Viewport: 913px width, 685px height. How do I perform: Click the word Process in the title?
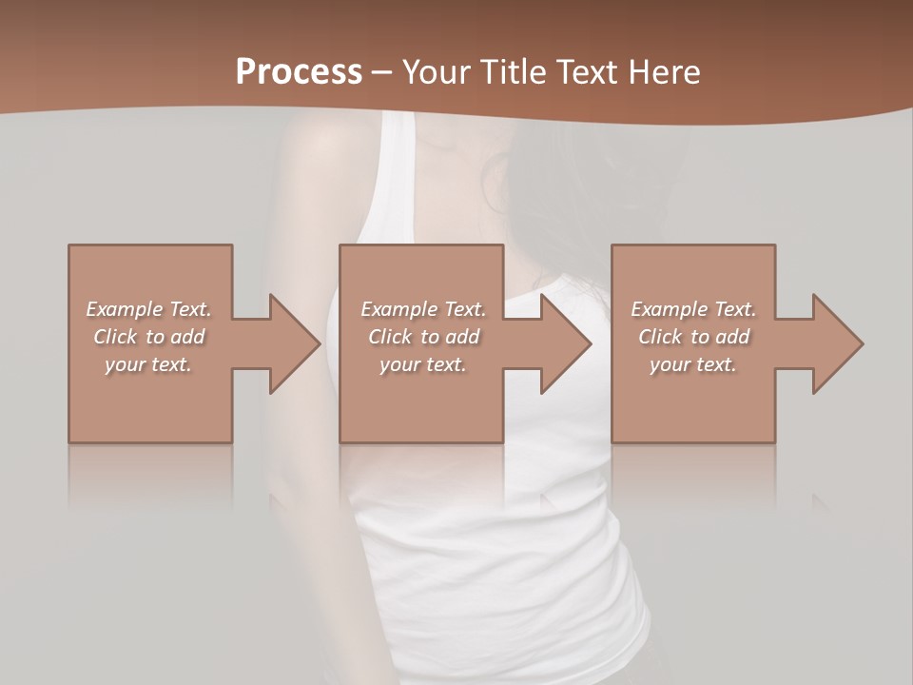pos(299,72)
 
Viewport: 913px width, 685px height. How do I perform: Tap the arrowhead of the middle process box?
pos(564,343)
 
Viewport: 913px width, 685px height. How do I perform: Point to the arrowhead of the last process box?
pos(836,343)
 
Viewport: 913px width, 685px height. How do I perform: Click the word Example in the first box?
pos(126,309)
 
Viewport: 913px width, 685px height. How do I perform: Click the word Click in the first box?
pos(116,337)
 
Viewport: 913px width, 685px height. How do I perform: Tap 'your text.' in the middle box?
pos(423,364)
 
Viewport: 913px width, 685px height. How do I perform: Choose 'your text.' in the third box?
pos(693,364)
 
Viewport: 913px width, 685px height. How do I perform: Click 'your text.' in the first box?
pos(148,364)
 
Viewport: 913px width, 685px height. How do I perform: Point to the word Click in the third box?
pos(661,337)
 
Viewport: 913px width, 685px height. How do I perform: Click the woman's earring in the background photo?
pos(494,186)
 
